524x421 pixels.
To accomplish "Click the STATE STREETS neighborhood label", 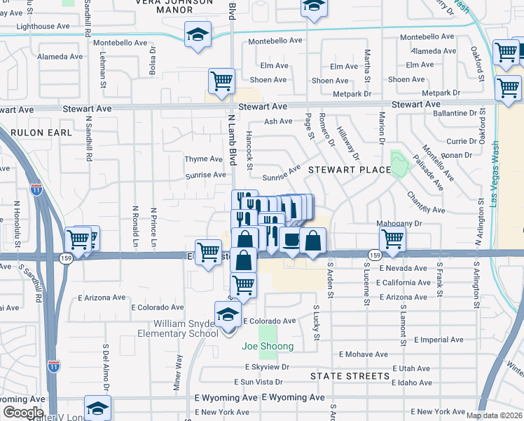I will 350,376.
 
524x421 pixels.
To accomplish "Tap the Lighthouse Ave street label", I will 43,26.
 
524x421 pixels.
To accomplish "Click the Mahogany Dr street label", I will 400,223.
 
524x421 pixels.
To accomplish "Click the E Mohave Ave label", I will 361,354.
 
